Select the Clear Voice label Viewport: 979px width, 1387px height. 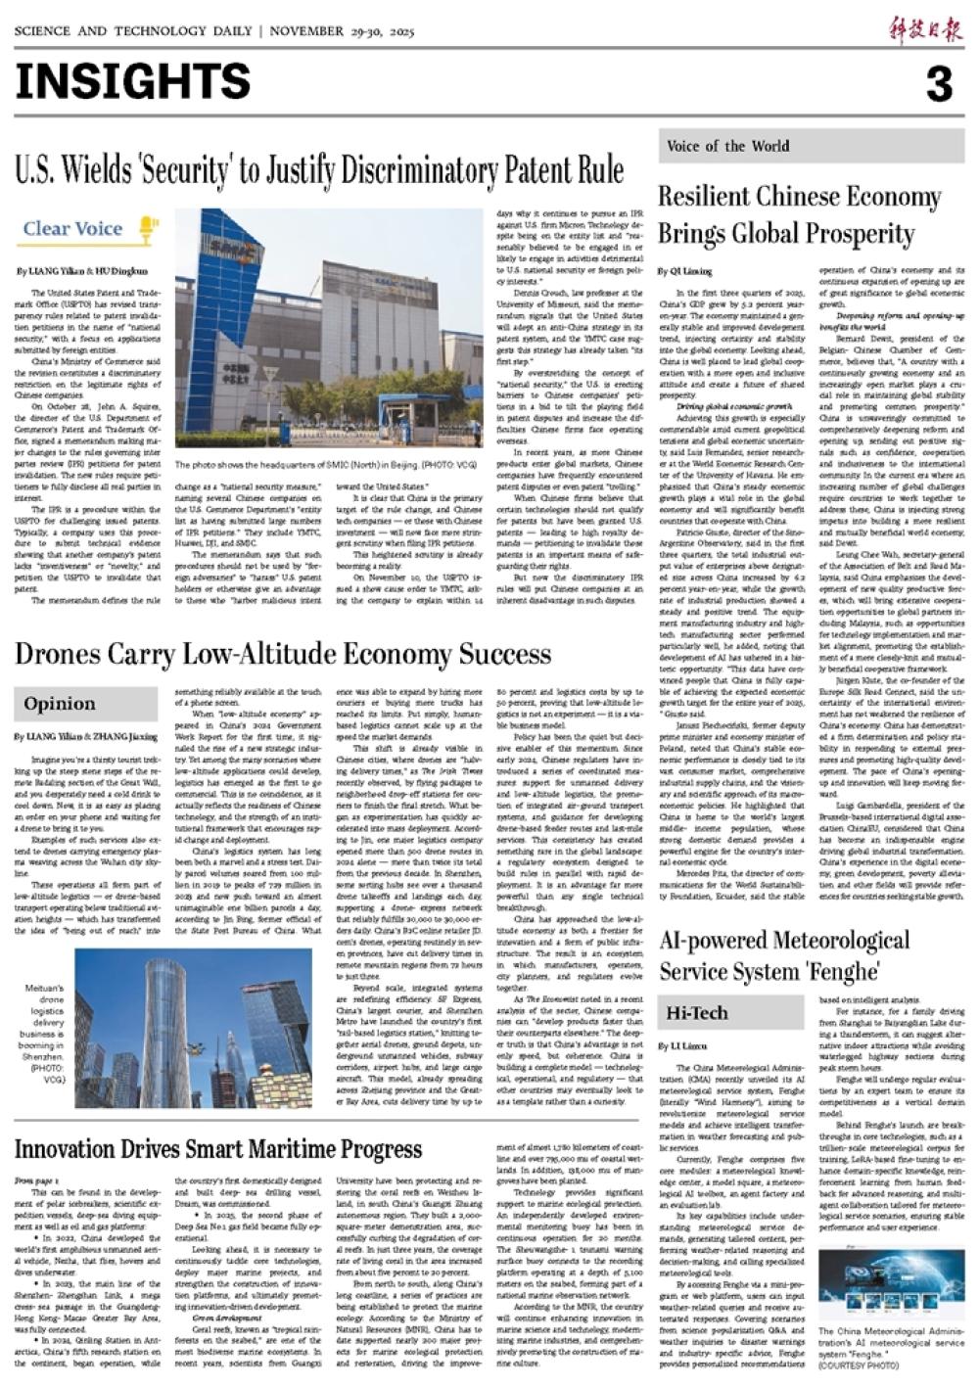[73, 229]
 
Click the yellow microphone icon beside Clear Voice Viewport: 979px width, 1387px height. [147, 230]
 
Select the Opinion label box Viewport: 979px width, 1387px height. [61, 704]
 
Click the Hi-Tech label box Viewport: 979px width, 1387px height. [697, 1013]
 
